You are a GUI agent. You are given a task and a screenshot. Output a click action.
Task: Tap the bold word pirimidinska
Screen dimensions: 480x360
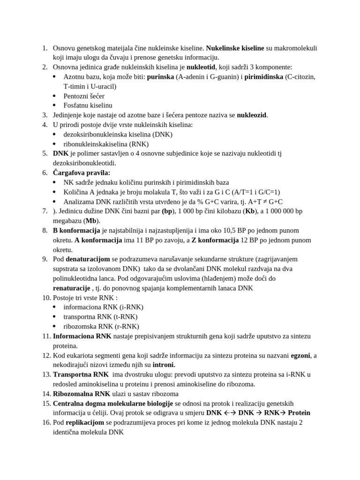[x=263, y=77]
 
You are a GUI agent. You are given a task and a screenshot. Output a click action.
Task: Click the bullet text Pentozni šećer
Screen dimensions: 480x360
[x=84, y=96]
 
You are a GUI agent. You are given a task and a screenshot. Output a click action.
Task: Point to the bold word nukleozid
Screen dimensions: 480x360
[x=252, y=115]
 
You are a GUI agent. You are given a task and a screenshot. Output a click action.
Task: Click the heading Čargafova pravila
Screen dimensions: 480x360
[x=82, y=173]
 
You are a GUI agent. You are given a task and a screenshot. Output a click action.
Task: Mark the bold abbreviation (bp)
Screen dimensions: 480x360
[x=167, y=211]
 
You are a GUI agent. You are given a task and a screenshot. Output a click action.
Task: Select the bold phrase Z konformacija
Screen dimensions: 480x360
[x=215, y=240]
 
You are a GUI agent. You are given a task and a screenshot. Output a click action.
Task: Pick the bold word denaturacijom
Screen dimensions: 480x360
[x=88, y=259]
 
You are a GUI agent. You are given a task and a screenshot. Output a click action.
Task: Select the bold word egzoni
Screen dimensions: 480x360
[x=300, y=355]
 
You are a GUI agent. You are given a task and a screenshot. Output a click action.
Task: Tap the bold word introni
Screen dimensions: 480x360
[x=164, y=365]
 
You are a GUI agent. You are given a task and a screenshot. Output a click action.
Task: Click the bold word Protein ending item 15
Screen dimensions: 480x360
[x=299, y=413]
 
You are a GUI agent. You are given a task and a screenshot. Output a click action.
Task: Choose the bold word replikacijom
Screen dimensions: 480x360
[x=85, y=422]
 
